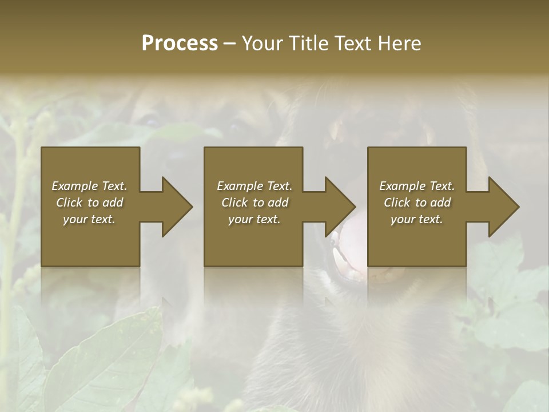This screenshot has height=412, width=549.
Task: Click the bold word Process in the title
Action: pos(180,43)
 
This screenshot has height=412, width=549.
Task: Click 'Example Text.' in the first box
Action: pos(89,186)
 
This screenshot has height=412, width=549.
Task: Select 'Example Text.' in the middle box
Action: pos(254,186)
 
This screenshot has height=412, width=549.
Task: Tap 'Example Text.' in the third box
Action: pos(417,186)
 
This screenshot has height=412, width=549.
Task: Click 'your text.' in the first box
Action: pos(89,219)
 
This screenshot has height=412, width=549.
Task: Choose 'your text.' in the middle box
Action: pos(254,219)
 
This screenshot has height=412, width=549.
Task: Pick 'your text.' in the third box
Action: pos(417,219)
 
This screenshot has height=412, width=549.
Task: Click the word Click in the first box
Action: pos(70,203)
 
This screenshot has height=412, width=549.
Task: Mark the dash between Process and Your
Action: pos(230,45)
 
